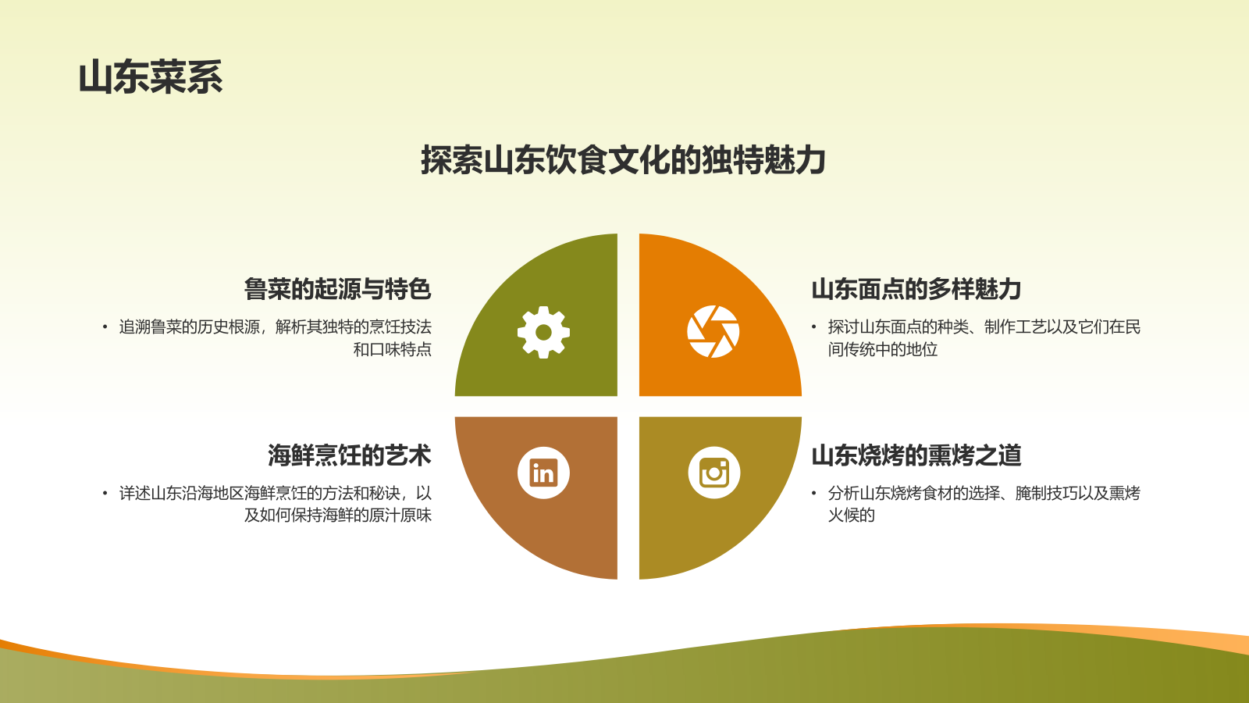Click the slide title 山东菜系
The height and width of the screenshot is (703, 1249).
151,77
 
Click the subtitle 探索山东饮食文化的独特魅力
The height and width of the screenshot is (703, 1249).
623,160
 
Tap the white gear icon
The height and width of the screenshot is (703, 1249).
543,332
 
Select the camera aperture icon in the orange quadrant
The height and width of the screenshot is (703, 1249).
713,332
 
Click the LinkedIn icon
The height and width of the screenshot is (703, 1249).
543,473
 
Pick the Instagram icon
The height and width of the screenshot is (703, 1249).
713,473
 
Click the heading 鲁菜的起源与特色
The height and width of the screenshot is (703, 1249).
337,289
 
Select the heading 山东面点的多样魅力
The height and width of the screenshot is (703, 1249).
916,289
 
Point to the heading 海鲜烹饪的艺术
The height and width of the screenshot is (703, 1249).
349,455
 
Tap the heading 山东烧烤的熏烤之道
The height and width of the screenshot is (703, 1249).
916,455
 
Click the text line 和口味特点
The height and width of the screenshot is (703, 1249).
392,349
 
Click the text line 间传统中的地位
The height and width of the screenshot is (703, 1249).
883,349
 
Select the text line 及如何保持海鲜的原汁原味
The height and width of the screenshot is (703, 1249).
337,516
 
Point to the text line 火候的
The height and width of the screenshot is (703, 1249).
852,516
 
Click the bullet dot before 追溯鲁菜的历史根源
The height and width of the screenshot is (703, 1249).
105,327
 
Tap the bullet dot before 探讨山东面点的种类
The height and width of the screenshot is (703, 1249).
813,327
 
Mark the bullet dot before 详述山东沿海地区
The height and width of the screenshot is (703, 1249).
105,494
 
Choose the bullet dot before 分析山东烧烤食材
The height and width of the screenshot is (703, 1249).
813,494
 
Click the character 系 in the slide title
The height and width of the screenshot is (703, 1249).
205,77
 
